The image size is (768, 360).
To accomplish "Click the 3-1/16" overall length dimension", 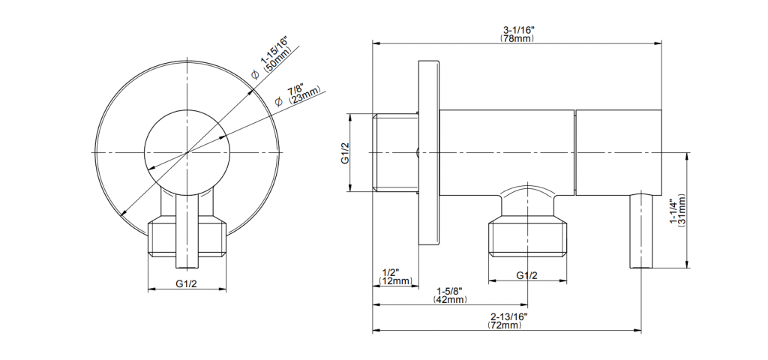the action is (x=517, y=31).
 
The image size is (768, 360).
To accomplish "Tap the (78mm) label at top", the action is (x=517, y=39).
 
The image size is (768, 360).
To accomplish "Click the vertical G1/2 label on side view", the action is (x=345, y=153).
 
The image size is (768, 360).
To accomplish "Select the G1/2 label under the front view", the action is (x=187, y=283).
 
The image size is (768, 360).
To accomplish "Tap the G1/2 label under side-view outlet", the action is (x=527, y=275).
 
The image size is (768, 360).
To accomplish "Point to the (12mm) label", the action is (x=396, y=280).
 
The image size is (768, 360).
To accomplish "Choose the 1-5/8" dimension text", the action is (x=450, y=291).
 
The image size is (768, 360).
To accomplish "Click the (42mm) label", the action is (x=450, y=299).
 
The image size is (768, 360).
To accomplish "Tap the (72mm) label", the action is (x=505, y=325).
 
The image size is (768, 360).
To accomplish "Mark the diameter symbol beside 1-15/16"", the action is (x=255, y=74).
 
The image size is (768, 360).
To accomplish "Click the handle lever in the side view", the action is (x=640, y=230).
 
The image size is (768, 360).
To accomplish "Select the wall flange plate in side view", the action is (x=429, y=153).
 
